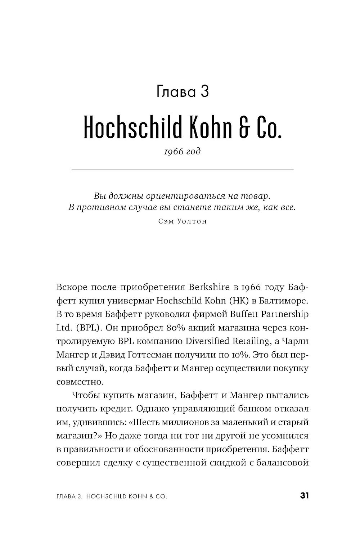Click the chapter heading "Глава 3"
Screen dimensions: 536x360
click(x=183, y=92)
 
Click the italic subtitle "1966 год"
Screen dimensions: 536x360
click(x=183, y=151)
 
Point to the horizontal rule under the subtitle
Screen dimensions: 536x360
click(x=183, y=169)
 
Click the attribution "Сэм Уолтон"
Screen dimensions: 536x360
click(x=183, y=221)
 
